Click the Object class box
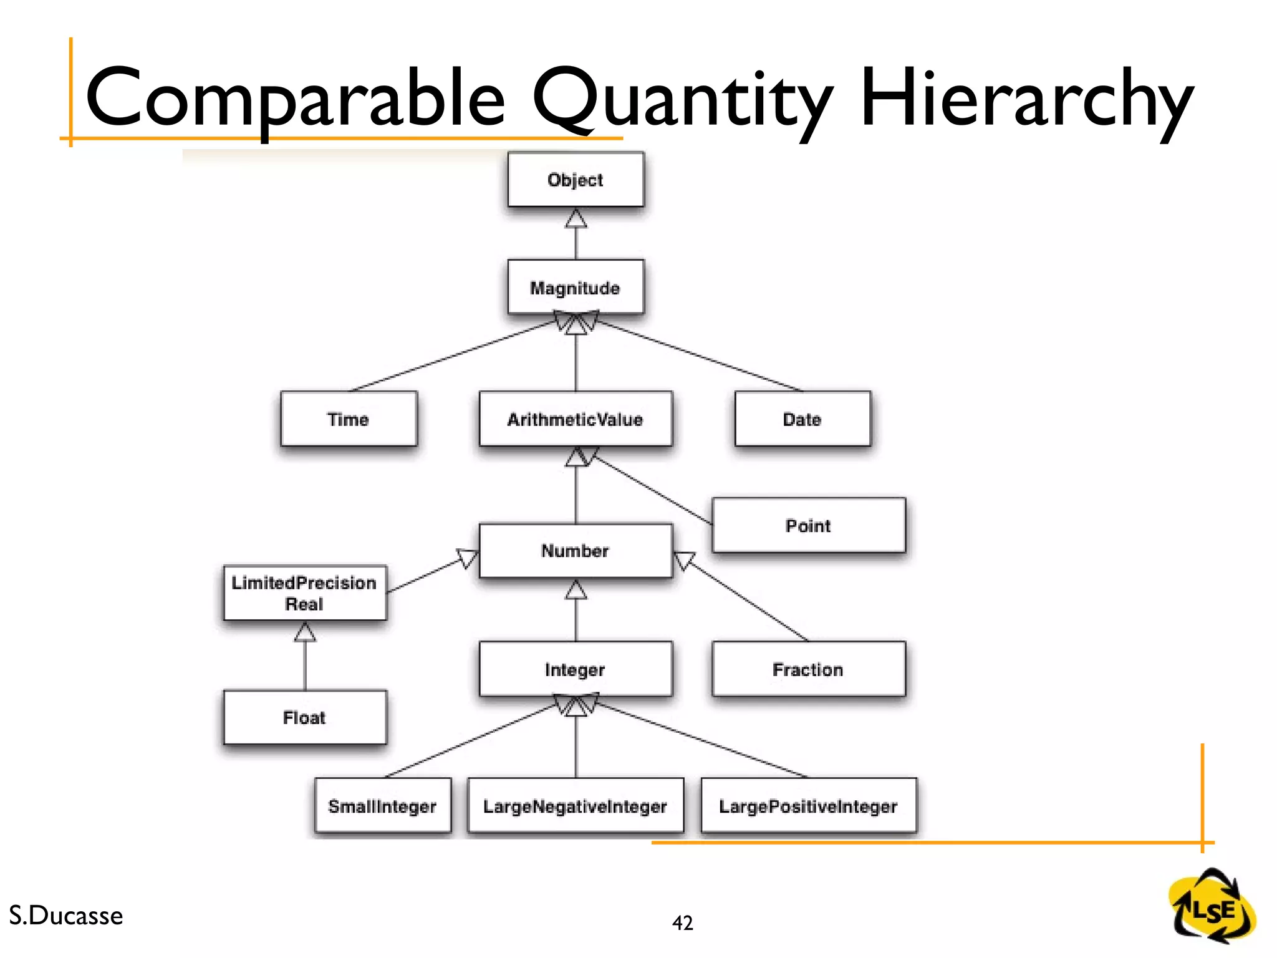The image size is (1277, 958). [576, 180]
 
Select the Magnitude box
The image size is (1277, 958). [576, 287]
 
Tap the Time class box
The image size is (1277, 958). [349, 419]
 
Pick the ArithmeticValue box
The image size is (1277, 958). [576, 419]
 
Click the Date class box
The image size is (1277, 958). [802, 419]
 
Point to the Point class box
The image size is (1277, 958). [808, 525]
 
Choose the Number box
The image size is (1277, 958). [576, 551]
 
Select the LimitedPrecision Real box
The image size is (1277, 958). [305, 593]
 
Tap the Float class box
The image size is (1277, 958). [305, 717]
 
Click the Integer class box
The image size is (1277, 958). [576, 669]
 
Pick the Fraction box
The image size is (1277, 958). [808, 669]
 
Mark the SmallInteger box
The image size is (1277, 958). [382, 806]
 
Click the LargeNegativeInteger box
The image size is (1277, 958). [576, 806]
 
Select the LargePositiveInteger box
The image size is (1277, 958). [809, 806]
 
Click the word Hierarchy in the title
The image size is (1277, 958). [1026, 100]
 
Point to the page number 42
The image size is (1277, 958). [683, 922]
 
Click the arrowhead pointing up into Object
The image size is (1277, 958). [576, 219]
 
